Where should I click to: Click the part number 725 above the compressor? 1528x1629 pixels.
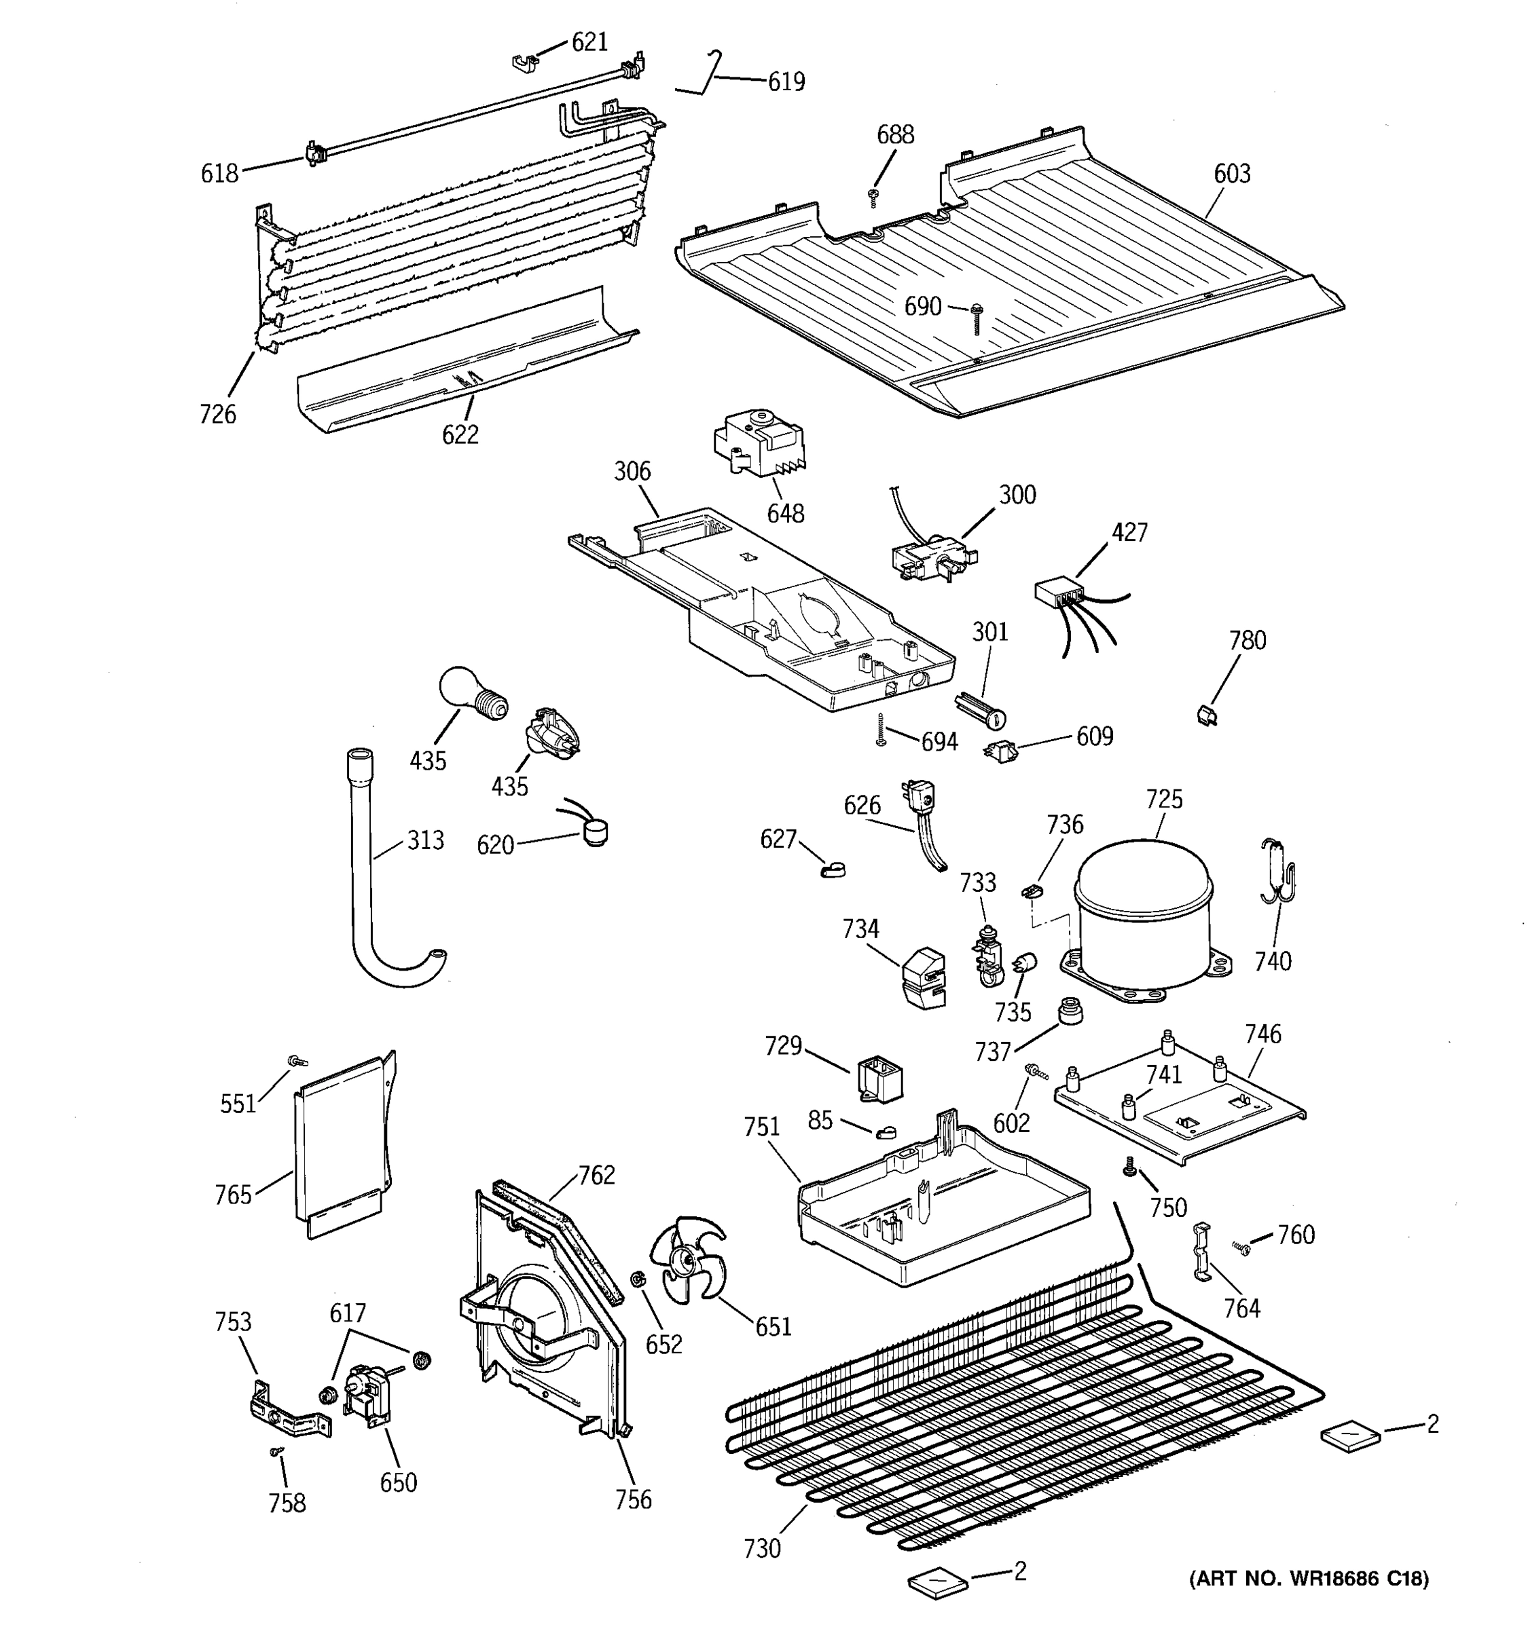pos(1164,799)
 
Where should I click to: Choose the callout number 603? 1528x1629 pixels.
pos(1232,174)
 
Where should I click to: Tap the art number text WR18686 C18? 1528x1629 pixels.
pos(1309,1578)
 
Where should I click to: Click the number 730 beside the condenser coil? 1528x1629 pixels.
pos(763,1549)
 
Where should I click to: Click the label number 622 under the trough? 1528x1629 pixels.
pos(460,435)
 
